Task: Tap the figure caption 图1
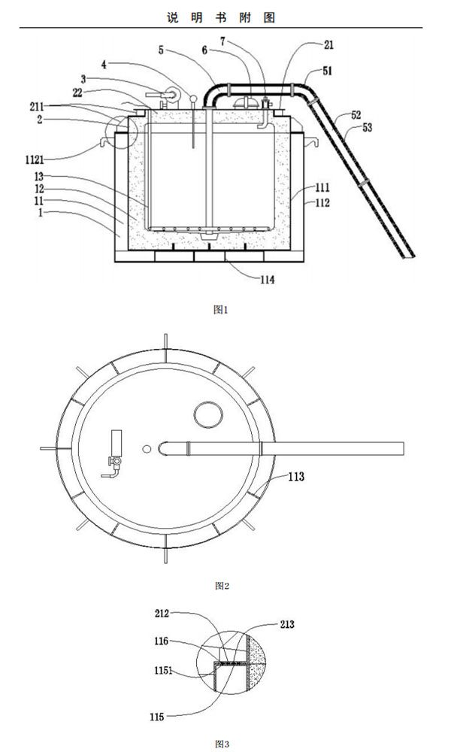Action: [220, 308]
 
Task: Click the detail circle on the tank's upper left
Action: [119, 132]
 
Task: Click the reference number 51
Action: [330, 72]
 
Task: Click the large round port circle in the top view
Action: [207, 413]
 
